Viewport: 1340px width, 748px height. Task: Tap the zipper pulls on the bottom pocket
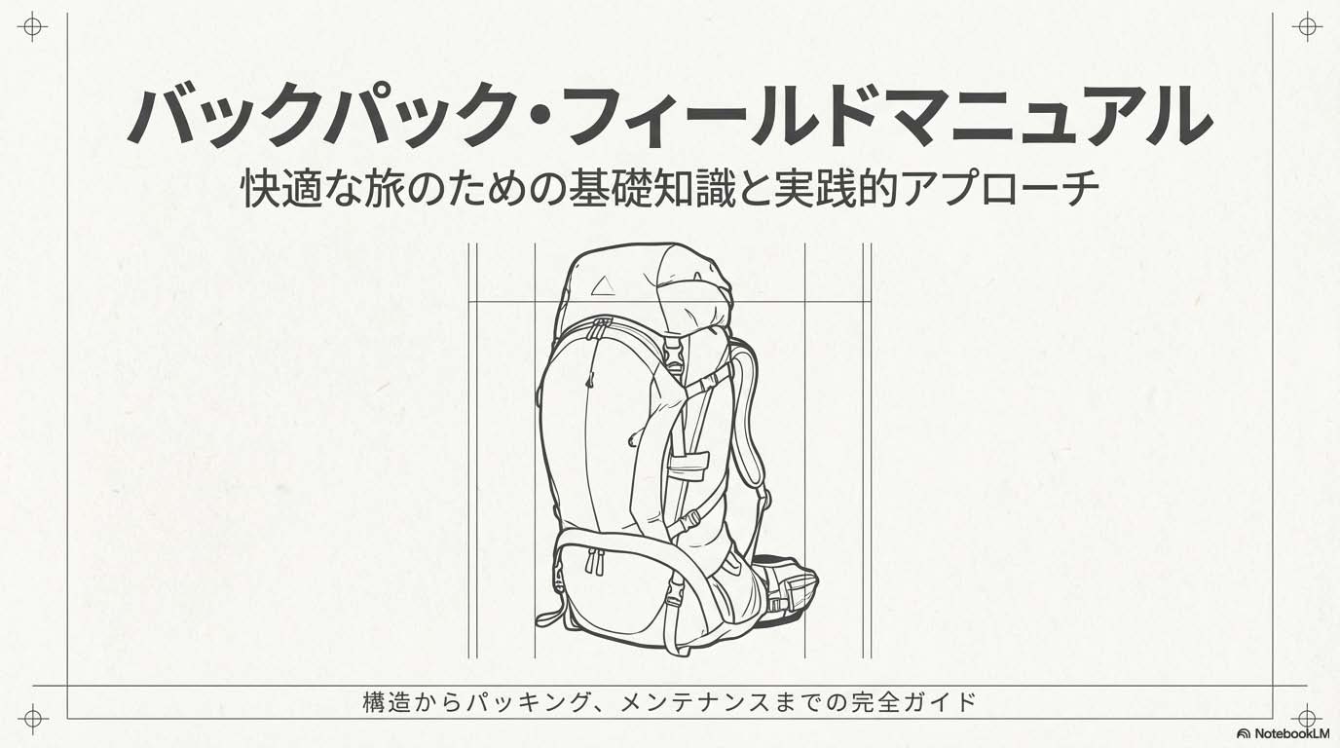(595, 561)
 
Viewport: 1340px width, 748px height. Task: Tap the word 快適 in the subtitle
(281, 189)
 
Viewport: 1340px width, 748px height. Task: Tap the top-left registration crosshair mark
(32, 27)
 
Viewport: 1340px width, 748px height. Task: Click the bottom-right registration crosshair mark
(1307, 717)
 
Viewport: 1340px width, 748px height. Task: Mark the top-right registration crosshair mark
(1307, 27)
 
